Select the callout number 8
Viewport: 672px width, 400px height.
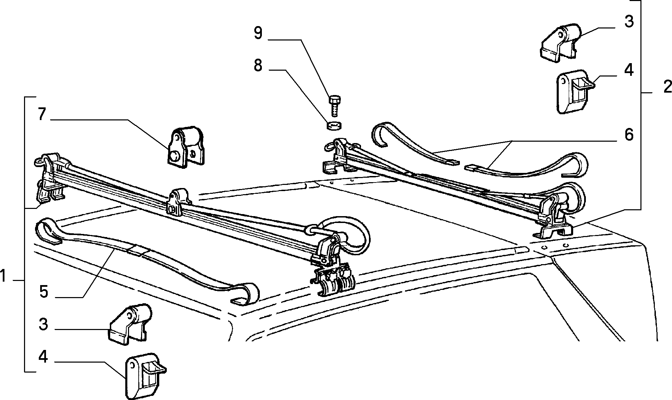258,65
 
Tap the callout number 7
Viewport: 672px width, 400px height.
41,114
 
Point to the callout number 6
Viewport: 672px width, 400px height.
628,135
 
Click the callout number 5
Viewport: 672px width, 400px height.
44,292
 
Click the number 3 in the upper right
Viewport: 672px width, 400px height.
628,21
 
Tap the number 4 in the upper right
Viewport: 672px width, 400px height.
628,70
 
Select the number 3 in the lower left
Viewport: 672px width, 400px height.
43,324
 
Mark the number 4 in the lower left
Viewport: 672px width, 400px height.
43,357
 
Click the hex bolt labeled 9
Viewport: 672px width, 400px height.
334,107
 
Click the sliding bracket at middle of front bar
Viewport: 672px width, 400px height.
179,203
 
